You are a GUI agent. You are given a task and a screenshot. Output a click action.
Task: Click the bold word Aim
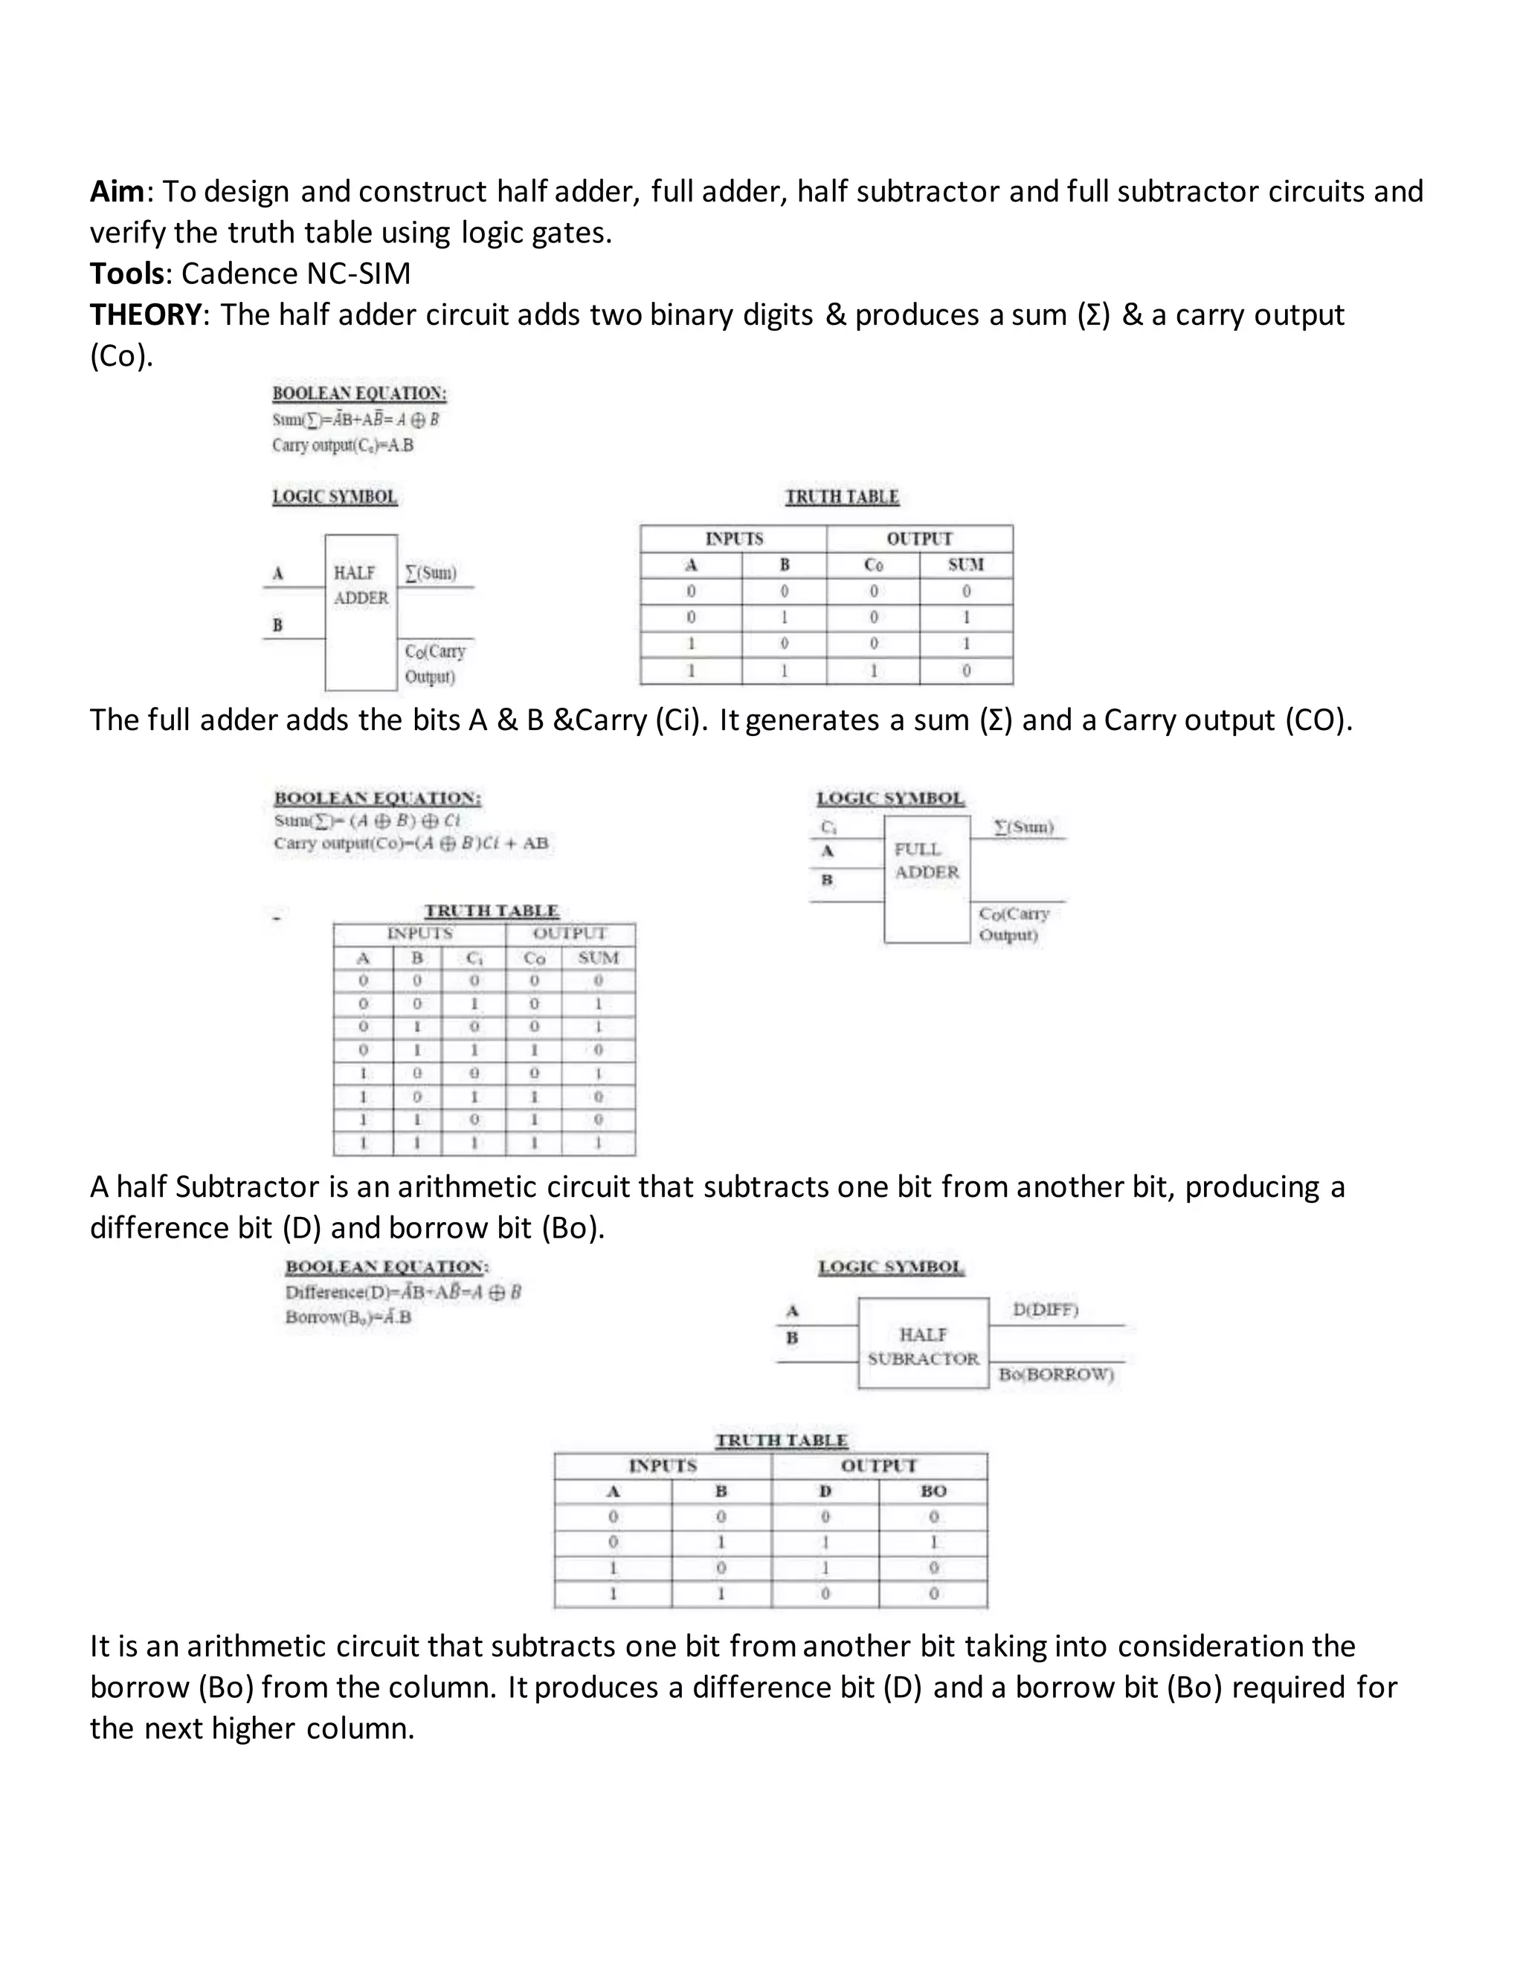tap(117, 191)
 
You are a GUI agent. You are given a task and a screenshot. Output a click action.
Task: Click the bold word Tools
tap(127, 274)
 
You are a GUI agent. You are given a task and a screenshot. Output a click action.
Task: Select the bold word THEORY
tap(145, 314)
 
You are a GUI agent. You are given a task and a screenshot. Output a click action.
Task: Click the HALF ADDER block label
tap(361, 585)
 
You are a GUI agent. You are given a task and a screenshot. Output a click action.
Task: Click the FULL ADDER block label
tap(927, 861)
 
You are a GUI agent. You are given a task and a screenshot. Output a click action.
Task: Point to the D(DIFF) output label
tap(1046, 1310)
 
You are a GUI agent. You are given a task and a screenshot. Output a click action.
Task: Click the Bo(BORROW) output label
tap(1057, 1375)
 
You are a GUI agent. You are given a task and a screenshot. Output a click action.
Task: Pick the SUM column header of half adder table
tap(965, 565)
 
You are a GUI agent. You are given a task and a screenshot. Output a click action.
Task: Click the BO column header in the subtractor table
tap(933, 1492)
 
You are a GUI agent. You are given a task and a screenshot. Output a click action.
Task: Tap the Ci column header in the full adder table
tap(474, 958)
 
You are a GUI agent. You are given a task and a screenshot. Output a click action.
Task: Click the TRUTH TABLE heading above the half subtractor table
tap(782, 1441)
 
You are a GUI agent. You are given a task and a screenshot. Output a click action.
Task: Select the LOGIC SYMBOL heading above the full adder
tap(890, 798)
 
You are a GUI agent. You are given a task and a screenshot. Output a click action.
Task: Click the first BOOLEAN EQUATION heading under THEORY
tap(359, 394)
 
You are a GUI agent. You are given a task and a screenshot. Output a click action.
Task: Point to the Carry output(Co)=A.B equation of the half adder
tap(343, 445)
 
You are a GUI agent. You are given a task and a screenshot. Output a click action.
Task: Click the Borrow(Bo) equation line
tap(348, 1317)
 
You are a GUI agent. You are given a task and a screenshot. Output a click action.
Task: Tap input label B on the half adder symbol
tap(278, 625)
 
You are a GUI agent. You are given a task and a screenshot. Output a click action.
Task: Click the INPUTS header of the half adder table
tap(733, 538)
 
